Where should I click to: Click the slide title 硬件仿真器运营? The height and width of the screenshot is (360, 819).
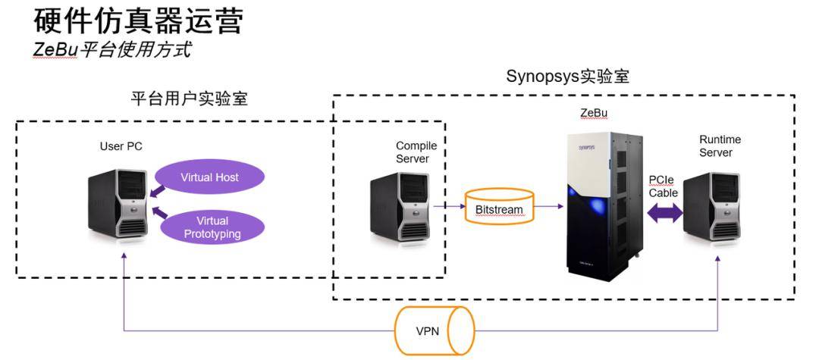coord(140,20)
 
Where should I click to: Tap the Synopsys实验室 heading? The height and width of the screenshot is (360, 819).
coord(567,77)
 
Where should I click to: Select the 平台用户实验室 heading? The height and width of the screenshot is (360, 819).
coord(190,99)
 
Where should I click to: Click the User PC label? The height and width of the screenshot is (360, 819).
coord(121,146)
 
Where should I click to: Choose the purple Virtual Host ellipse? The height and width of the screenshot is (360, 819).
coord(210,177)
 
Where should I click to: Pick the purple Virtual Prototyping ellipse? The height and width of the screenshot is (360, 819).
coord(212,227)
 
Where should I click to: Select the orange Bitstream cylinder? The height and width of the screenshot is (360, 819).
coord(499,206)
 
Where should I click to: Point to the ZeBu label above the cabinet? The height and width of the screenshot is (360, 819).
coord(594,114)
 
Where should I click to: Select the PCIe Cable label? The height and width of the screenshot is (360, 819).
coord(663,186)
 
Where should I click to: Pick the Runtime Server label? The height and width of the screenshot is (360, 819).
coord(720,146)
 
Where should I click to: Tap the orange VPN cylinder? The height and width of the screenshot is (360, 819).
coord(434,330)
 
